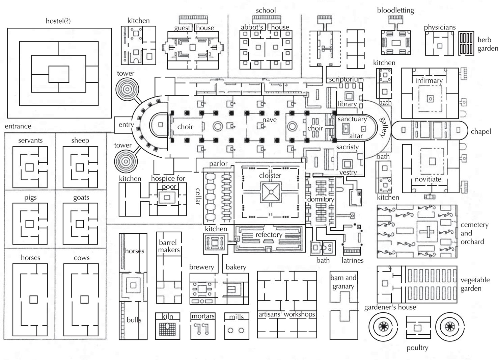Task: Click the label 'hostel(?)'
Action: coord(58,21)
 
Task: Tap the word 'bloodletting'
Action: coord(395,10)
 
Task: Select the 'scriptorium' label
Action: coord(347,79)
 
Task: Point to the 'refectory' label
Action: coord(269,235)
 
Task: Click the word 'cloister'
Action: coord(270,175)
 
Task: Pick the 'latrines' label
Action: coord(352,260)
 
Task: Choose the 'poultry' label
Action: coord(417,348)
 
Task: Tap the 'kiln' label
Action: coord(167,316)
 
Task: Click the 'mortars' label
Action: coord(203,316)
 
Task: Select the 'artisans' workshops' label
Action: coord(286,314)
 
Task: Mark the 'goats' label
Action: coord(81,198)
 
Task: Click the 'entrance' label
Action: coord(18,126)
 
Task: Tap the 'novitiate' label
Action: coord(428,179)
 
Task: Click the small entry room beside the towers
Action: coord(123,125)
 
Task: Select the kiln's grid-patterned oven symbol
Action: coord(167,329)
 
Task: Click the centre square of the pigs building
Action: coord(30,224)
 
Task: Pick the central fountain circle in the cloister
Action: coord(271,192)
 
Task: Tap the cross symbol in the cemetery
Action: coord(426,232)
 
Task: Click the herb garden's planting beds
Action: coord(466,43)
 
